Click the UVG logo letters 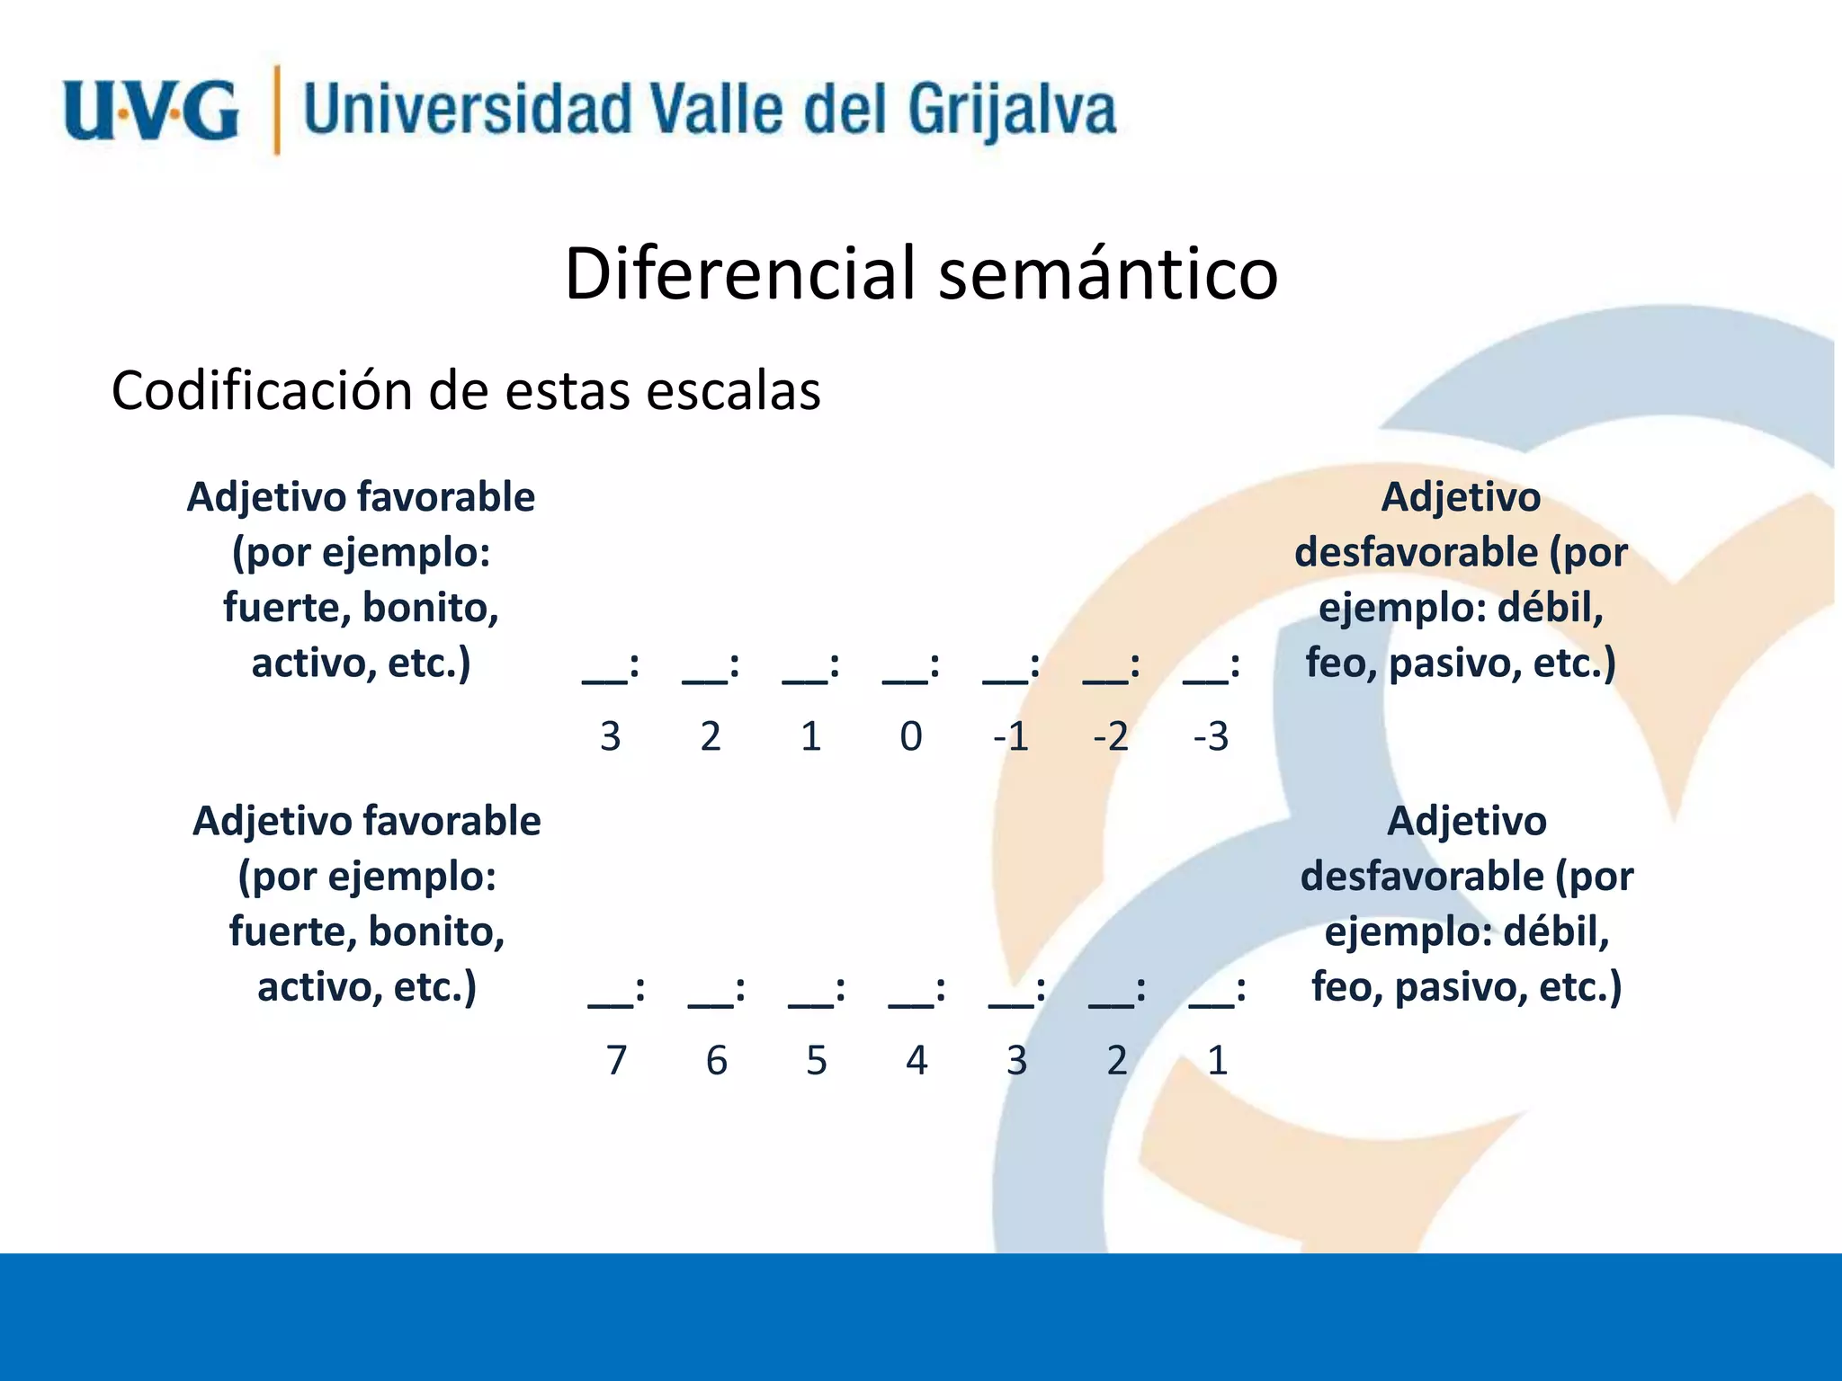click(x=150, y=111)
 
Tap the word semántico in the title click(x=1108, y=273)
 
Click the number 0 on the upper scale click(x=911, y=737)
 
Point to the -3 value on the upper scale click(x=1211, y=737)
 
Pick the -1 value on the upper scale click(x=1010, y=737)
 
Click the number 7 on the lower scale click(x=616, y=1061)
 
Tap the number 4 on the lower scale click(x=917, y=1061)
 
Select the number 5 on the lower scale click(x=816, y=1061)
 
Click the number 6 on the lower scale click(x=716, y=1061)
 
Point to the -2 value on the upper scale click(x=1111, y=737)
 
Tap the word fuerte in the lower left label click(x=286, y=932)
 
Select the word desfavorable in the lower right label click(x=1421, y=877)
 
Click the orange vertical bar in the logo click(x=277, y=110)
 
